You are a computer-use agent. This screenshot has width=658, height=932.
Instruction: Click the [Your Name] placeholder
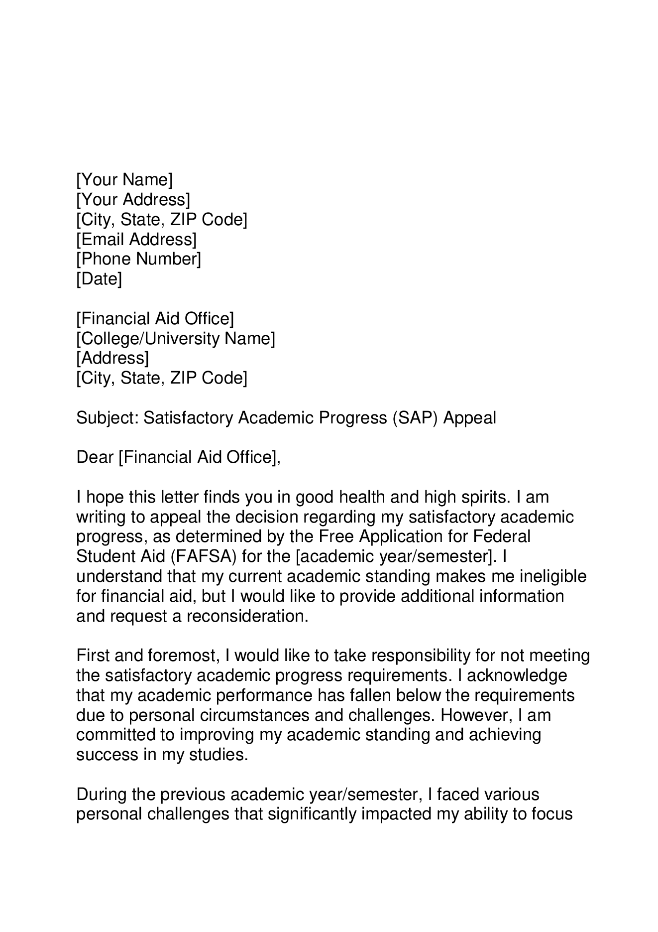tap(124, 180)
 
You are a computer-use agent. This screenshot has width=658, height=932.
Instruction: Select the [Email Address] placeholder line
tap(136, 240)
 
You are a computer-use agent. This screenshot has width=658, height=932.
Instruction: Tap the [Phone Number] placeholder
tap(138, 259)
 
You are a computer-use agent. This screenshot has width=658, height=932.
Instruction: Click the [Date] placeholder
tap(99, 279)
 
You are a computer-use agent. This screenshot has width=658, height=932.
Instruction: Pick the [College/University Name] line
tap(175, 339)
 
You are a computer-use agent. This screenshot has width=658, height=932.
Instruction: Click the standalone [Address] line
tap(112, 358)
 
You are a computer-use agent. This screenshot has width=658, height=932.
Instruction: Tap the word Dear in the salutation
tap(95, 457)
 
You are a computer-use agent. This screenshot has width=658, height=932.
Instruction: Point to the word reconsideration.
tap(247, 616)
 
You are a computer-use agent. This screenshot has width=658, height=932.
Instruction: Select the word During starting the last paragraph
tap(102, 795)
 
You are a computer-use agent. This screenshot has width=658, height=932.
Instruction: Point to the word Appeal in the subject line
tap(469, 418)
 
